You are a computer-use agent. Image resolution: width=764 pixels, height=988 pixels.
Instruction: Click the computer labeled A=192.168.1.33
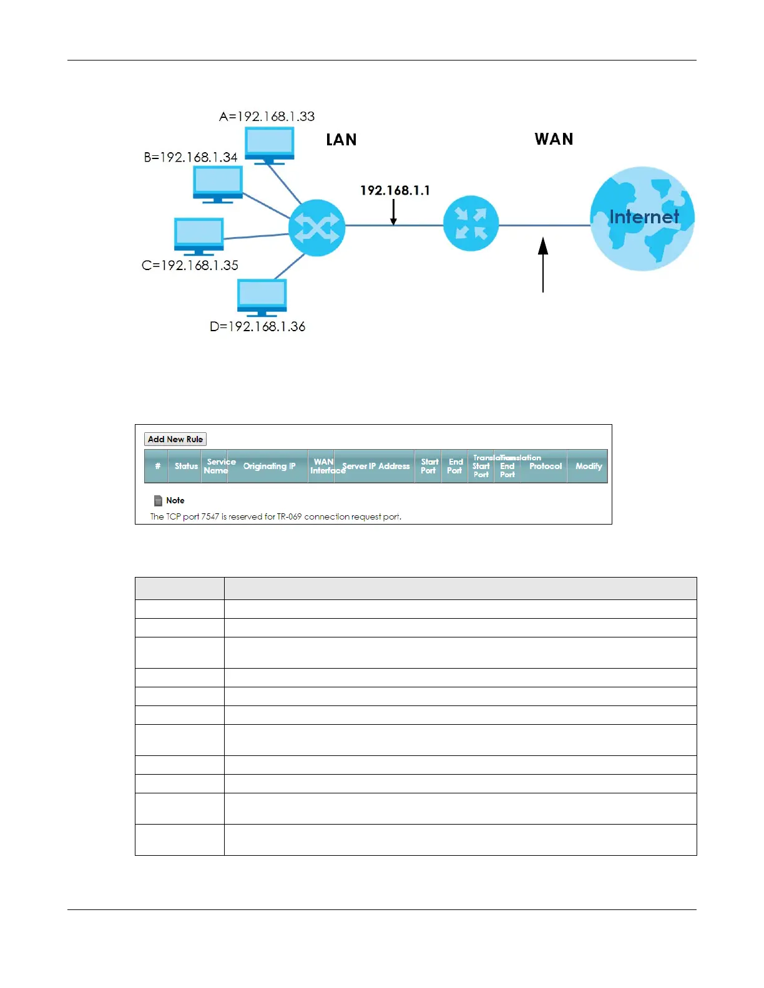[269, 145]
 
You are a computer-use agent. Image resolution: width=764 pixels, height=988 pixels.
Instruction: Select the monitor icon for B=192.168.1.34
[217, 184]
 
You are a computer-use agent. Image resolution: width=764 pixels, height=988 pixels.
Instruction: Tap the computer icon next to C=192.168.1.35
[198, 235]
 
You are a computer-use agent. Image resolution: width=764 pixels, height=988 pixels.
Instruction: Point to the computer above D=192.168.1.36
[262, 297]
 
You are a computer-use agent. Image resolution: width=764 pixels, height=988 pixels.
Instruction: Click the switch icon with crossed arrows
[316, 228]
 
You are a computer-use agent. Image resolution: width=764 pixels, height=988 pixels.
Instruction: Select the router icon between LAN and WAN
[471, 223]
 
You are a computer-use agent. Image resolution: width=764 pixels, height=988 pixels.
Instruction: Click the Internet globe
[642, 218]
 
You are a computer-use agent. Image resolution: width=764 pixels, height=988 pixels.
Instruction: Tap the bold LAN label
[341, 140]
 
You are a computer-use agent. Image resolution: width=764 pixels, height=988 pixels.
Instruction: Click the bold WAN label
[554, 139]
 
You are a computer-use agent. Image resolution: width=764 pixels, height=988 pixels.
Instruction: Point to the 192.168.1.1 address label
[394, 190]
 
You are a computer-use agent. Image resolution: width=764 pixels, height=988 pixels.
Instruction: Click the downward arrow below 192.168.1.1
[393, 213]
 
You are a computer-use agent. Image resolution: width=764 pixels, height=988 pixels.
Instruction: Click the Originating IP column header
[269, 466]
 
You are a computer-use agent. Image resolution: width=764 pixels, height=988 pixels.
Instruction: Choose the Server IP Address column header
[376, 466]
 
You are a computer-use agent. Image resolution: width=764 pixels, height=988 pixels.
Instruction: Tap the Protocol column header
[545, 466]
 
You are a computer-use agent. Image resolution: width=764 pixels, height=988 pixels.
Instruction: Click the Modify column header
[588, 466]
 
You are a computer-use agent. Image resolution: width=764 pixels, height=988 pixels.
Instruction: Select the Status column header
[186, 466]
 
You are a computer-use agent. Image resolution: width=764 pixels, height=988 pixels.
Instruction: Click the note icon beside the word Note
[158, 500]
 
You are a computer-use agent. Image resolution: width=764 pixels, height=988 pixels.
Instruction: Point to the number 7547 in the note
[210, 516]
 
